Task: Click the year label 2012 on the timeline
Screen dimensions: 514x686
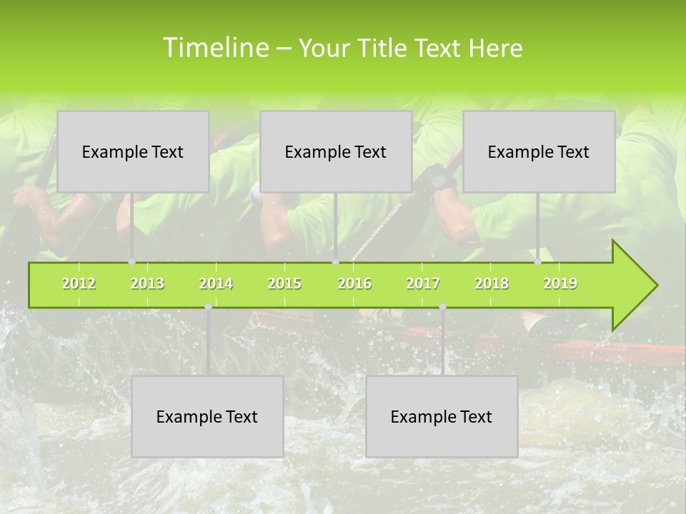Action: pyautogui.click(x=79, y=283)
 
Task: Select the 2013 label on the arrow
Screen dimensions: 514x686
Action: pyautogui.click(x=147, y=283)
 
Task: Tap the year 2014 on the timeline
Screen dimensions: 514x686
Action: pyautogui.click(x=216, y=283)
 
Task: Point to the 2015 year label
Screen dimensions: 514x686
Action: pyautogui.click(x=284, y=283)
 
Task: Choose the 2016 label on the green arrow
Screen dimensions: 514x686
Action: pyautogui.click(x=354, y=283)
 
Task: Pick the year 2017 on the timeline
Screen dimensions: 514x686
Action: pyautogui.click(x=423, y=283)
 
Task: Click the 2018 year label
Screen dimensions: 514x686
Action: pyautogui.click(x=492, y=283)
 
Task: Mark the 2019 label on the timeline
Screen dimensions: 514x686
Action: pyautogui.click(x=560, y=283)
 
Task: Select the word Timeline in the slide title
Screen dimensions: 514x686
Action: pyautogui.click(x=215, y=48)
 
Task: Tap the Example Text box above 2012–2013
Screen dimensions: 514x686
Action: pyautogui.click(x=133, y=151)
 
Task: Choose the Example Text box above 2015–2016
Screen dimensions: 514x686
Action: pyautogui.click(x=336, y=151)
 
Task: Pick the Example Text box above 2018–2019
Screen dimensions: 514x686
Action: pyautogui.click(x=539, y=151)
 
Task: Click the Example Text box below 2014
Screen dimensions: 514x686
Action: pyautogui.click(x=207, y=416)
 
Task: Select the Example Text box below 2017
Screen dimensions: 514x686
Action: pyautogui.click(x=442, y=416)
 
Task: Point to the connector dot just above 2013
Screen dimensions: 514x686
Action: pyautogui.click(x=131, y=261)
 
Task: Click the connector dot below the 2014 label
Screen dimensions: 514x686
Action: pyautogui.click(x=208, y=307)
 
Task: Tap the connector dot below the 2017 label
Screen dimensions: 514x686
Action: pyautogui.click(x=442, y=307)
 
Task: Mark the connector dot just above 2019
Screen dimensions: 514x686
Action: pyautogui.click(x=538, y=261)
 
